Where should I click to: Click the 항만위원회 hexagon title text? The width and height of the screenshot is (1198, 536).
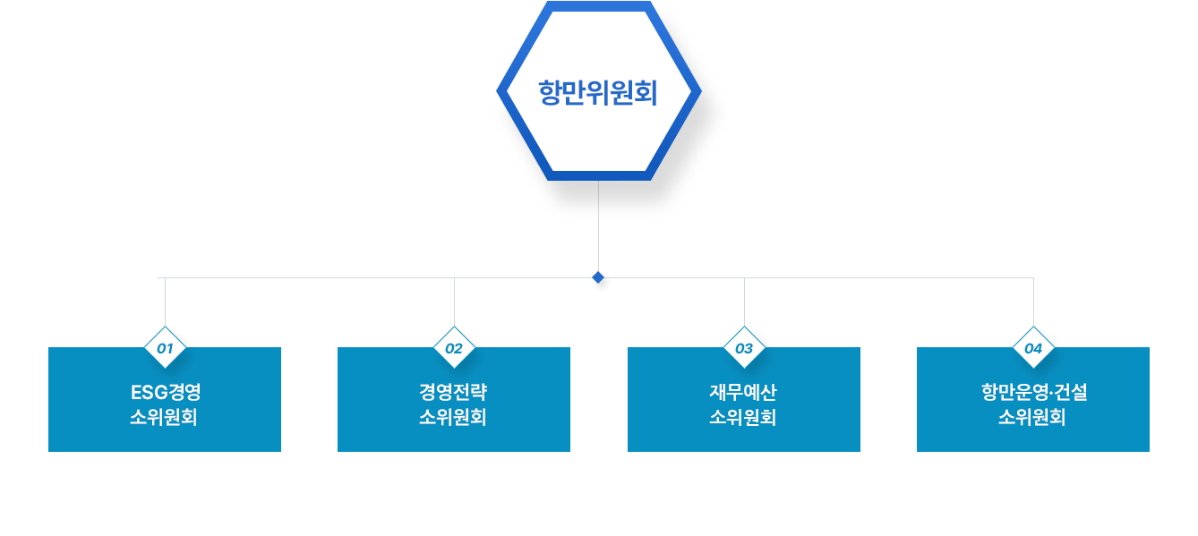click(598, 93)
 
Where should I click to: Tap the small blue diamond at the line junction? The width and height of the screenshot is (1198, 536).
click(598, 277)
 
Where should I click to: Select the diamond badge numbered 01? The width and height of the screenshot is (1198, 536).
click(165, 348)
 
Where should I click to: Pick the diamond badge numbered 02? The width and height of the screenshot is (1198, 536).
click(454, 348)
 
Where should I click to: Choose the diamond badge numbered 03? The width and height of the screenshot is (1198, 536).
click(744, 348)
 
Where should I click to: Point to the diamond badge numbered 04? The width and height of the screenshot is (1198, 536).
click(1033, 348)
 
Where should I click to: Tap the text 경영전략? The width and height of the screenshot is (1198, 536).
click(453, 392)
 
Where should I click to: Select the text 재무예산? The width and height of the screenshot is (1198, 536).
click(743, 392)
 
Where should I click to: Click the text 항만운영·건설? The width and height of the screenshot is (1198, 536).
click(1033, 392)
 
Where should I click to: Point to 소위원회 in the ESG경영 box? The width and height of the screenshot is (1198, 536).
click(164, 417)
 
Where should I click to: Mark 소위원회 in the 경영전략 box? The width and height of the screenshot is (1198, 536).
click(453, 417)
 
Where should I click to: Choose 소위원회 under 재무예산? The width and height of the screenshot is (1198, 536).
click(743, 417)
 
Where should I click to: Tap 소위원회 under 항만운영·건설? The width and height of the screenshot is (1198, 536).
click(1032, 417)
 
